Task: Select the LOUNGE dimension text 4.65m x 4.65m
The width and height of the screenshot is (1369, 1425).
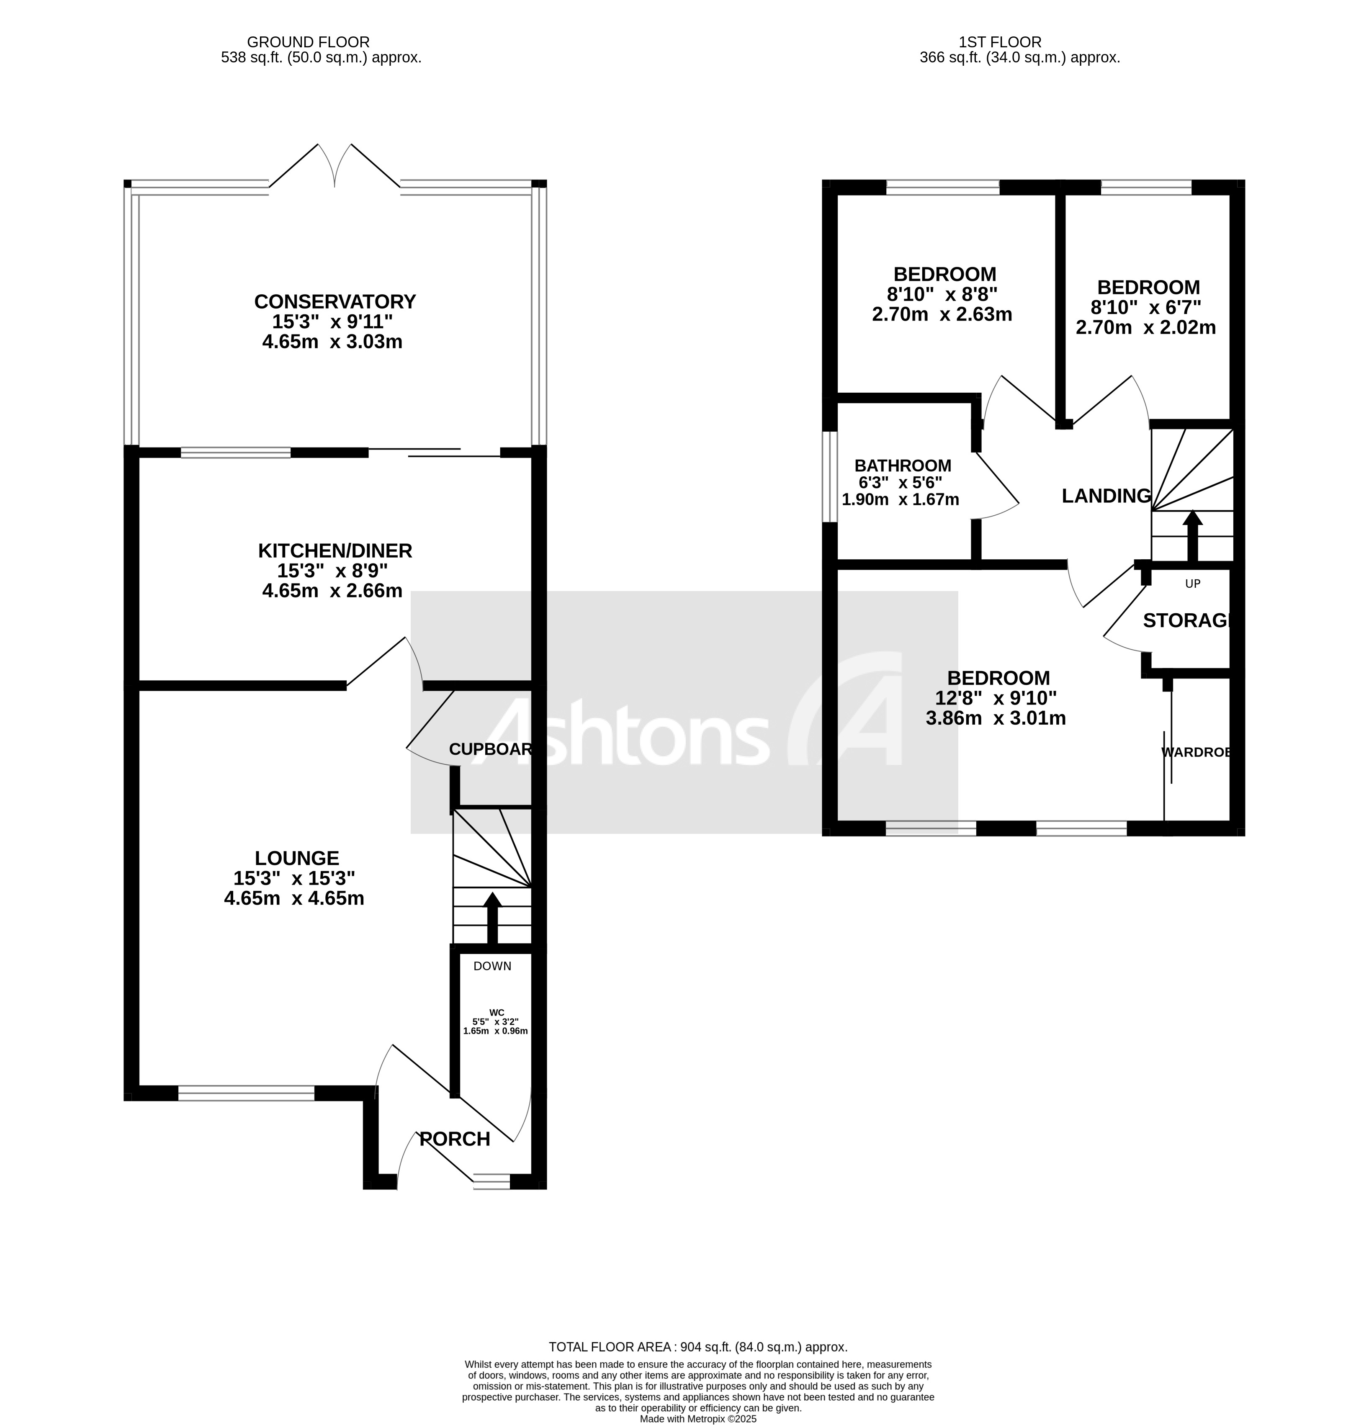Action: (x=294, y=898)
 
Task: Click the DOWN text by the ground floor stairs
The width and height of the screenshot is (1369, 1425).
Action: (x=492, y=965)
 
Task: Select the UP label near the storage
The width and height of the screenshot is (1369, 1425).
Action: (x=1192, y=583)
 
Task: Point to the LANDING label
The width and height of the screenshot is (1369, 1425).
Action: (x=1106, y=496)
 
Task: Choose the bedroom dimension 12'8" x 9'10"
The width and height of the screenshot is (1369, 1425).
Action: (x=995, y=698)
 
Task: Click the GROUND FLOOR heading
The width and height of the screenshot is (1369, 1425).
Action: (x=308, y=42)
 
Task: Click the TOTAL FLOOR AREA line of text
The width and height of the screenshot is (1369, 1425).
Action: (x=697, y=1347)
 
